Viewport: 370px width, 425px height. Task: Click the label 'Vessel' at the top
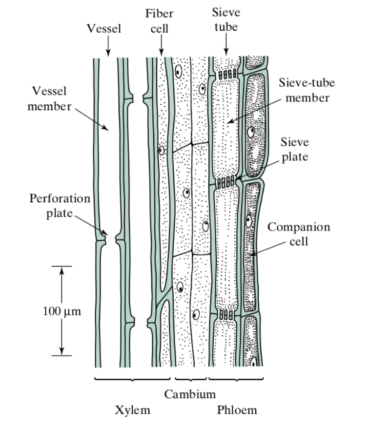click(x=103, y=28)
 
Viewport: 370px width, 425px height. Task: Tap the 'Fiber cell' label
click(x=159, y=21)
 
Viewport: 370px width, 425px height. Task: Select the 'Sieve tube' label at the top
click(x=226, y=19)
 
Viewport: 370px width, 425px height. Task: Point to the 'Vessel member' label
click(x=49, y=99)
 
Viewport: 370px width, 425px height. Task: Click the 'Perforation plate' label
click(x=60, y=206)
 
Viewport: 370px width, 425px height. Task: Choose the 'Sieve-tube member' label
click(x=307, y=90)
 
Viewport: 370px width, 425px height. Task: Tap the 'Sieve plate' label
click(x=294, y=149)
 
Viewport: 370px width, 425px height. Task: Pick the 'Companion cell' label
click(x=299, y=234)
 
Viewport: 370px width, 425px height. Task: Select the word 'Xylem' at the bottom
click(x=132, y=410)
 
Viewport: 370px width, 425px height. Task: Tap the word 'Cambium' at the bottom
click(x=189, y=394)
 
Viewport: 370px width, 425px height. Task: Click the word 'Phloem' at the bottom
click(x=237, y=410)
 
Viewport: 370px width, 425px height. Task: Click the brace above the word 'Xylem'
click(x=132, y=379)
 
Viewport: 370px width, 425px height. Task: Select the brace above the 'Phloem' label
click(x=236, y=379)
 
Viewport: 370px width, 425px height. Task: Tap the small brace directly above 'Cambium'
click(x=190, y=379)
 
